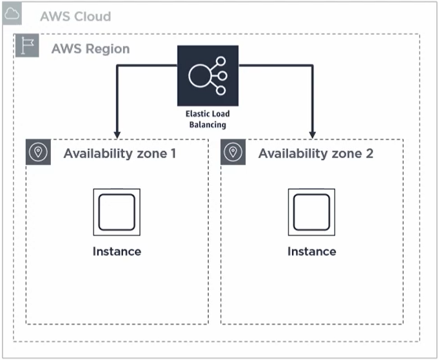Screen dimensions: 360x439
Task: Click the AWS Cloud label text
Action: click(75, 16)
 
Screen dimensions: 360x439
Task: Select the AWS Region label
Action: click(90, 48)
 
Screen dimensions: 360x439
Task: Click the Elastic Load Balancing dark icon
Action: click(208, 75)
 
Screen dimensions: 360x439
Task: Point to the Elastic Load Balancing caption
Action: click(207, 119)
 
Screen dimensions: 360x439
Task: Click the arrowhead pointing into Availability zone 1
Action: click(117, 134)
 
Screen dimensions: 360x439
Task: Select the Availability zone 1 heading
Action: click(119, 154)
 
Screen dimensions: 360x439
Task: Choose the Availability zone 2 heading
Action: click(315, 154)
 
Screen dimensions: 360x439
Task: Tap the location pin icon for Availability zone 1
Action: click(38, 152)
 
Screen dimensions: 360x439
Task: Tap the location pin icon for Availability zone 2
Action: click(233, 152)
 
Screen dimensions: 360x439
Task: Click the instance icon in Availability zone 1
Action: click(117, 212)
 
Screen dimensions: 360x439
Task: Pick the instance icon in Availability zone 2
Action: click(311, 212)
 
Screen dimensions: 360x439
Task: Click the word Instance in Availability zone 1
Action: click(117, 251)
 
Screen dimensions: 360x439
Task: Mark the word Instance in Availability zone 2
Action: click(311, 251)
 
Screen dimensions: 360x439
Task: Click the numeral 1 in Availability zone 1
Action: click(172, 154)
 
